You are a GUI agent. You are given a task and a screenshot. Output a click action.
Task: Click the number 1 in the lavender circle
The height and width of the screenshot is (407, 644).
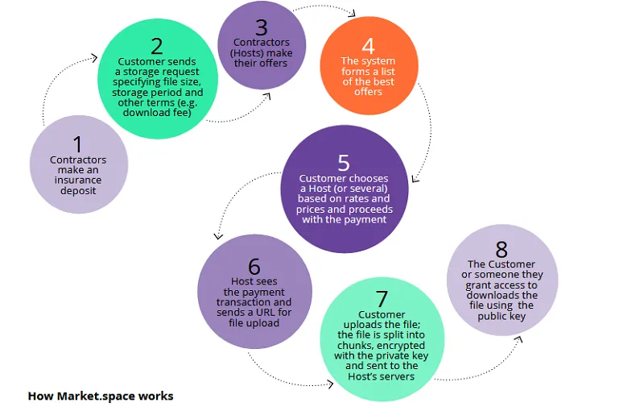coord(77,145)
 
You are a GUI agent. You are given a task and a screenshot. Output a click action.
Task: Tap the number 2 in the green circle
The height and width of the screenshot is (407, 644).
coord(156,47)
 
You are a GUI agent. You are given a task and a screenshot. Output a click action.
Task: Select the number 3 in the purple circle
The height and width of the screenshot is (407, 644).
coord(261,27)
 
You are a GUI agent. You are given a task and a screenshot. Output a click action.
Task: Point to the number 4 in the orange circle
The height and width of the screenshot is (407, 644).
coord(368,46)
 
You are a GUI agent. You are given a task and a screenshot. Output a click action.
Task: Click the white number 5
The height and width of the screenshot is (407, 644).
coord(344,163)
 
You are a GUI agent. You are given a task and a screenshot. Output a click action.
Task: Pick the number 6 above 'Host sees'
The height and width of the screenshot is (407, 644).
coord(254,267)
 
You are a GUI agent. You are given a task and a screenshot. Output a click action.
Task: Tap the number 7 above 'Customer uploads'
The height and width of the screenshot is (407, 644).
coord(382,299)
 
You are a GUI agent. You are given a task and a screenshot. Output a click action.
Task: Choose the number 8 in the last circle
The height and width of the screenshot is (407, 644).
coord(502,250)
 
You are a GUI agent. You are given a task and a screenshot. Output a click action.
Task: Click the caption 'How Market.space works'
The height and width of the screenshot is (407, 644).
coord(101,396)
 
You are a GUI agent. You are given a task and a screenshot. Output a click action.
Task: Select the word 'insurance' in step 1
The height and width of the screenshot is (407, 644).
coord(78,180)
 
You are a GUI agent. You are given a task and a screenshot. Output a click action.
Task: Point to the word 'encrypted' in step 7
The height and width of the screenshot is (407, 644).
coord(401,345)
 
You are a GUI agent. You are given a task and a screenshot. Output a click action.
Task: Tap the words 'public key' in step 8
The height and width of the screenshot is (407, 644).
coord(502,316)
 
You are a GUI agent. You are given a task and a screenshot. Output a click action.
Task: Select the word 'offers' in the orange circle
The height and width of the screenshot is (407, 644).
coord(368,92)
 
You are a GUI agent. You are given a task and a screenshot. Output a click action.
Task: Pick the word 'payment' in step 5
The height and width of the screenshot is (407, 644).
coord(366,219)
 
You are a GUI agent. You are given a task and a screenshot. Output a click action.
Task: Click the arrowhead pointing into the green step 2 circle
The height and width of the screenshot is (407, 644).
coord(94,58)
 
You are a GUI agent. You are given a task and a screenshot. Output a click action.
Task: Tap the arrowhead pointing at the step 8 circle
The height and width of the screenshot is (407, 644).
coord(518,339)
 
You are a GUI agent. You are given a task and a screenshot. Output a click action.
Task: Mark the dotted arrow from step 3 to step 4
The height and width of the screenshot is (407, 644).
coord(324,6)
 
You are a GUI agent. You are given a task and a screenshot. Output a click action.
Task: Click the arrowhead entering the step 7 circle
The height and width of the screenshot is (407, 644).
coord(329,384)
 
